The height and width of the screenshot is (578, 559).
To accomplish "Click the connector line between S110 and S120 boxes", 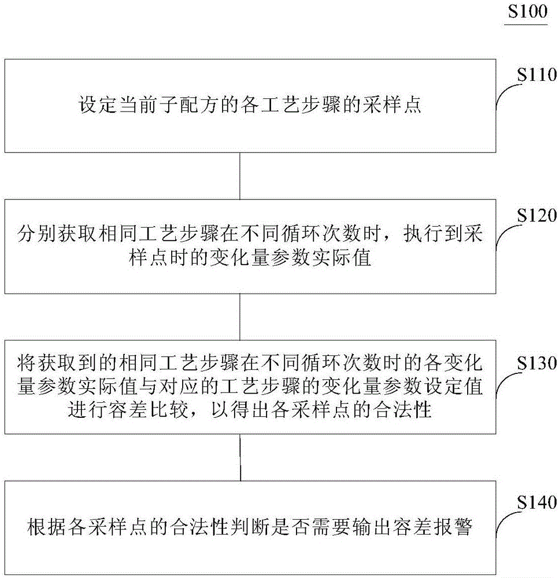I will pyautogui.click(x=239, y=176).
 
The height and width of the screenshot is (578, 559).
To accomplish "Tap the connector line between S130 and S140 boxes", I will pyautogui.click(x=239, y=457).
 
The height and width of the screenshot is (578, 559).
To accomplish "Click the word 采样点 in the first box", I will pyautogui.click(x=399, y=106).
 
